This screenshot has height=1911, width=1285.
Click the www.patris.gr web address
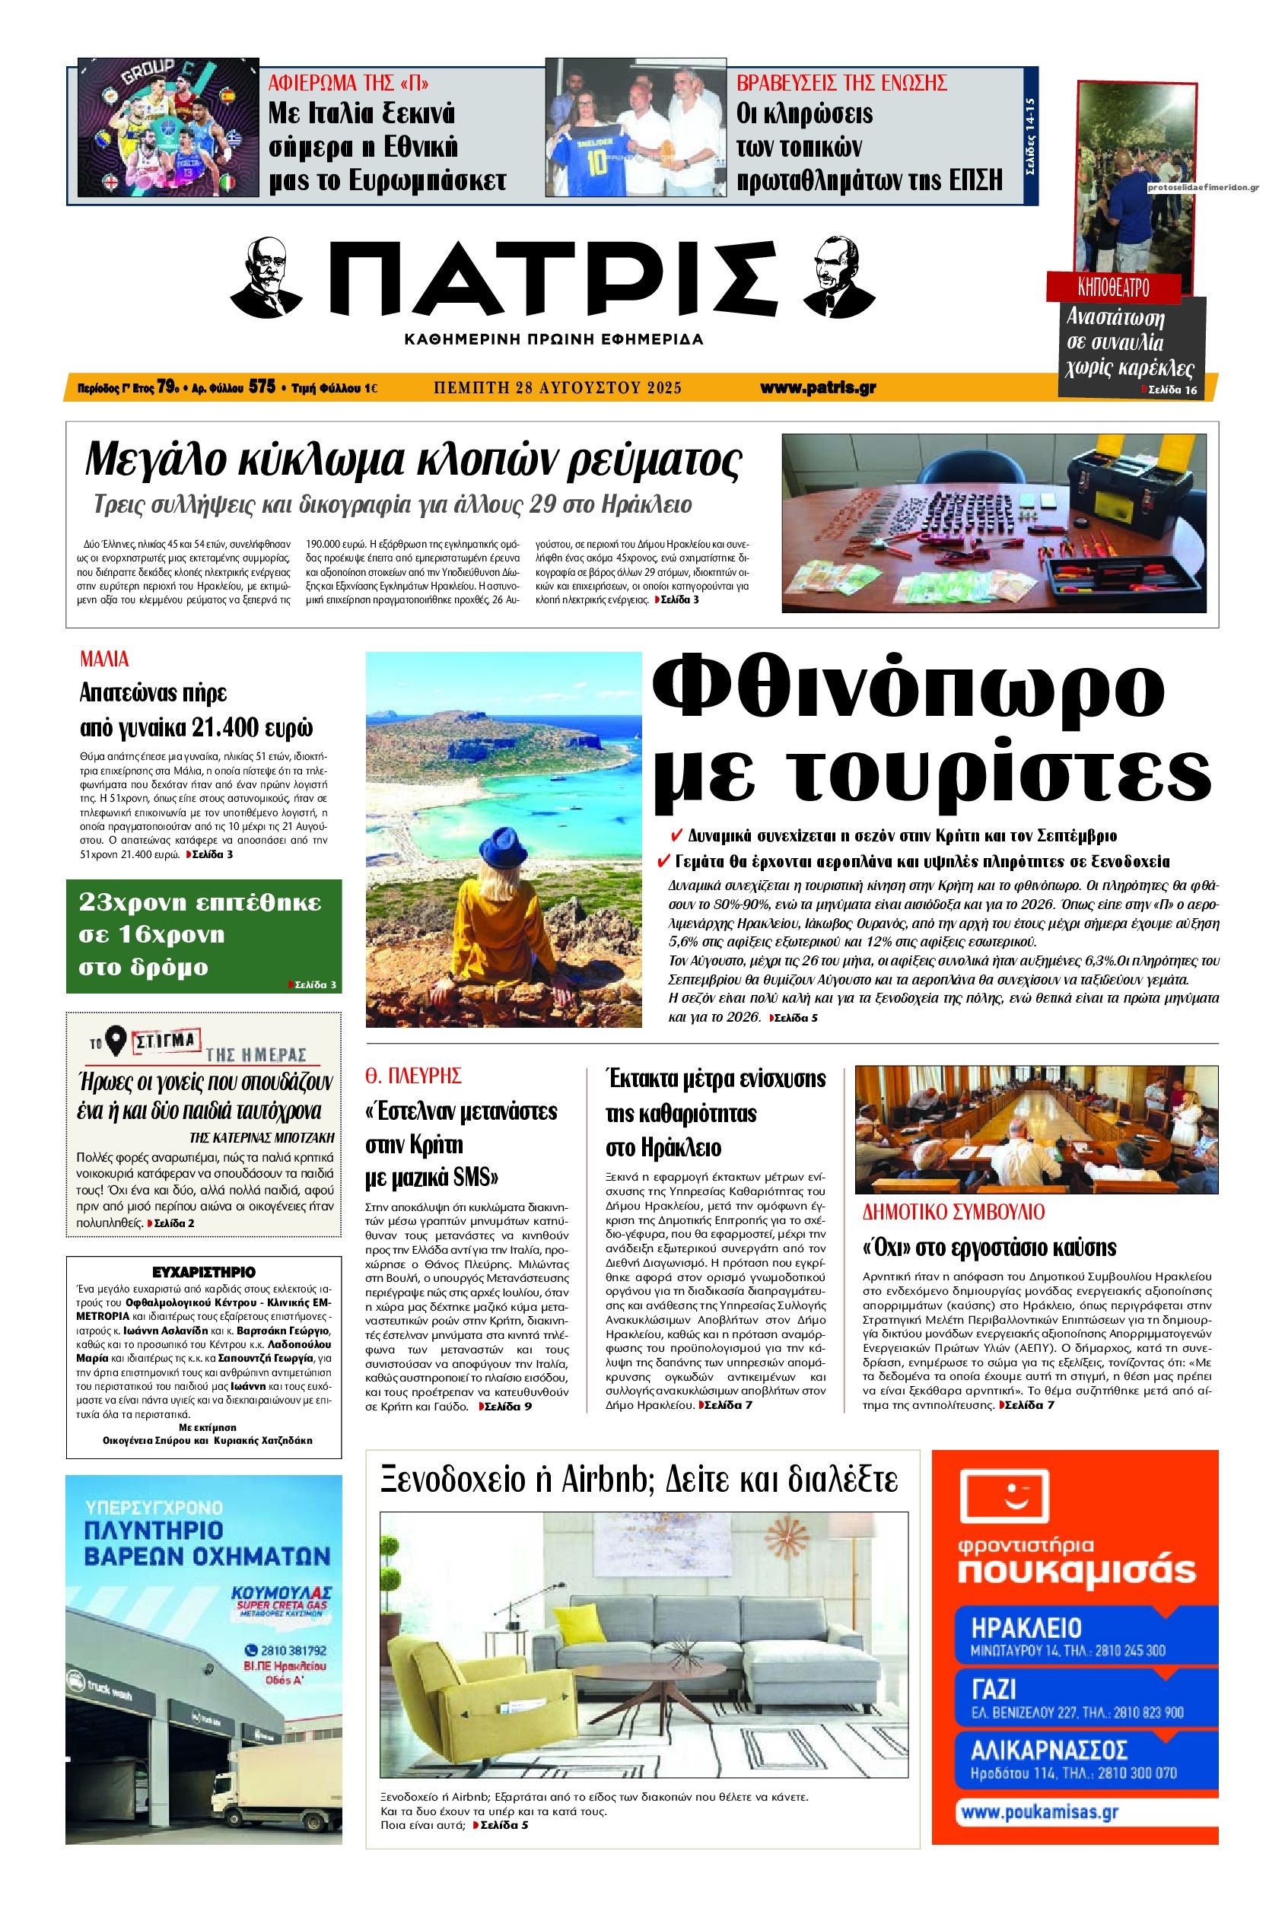pyautogui.click(x=817, y=388)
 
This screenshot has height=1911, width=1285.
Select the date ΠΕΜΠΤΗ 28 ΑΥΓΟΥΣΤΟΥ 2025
pyautogui.click(x=557, y=388)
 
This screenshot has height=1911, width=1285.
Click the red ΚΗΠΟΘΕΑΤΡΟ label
pyautogui.click(x=1114, y=288)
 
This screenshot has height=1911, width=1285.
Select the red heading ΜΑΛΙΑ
pyautogui.click(x=105, y=659)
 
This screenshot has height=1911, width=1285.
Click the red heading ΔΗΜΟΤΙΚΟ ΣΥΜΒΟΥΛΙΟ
pyautogui.click(x=955, y=1212)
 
